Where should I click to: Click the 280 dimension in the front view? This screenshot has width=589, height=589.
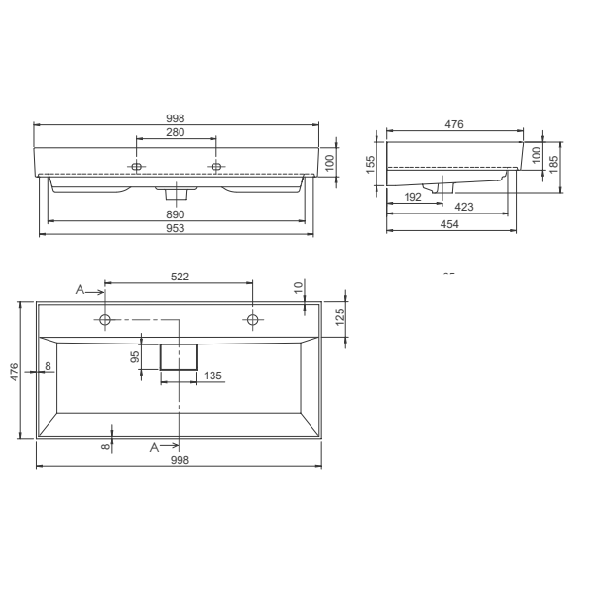[x=175, y=132]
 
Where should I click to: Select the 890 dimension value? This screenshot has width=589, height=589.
[x=175, y=213]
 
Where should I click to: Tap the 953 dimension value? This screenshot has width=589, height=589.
[x=175, y=228]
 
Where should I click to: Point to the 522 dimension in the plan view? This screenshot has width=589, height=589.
[x=179, y=277]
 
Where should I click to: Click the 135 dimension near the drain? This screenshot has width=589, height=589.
[x=213, y=376]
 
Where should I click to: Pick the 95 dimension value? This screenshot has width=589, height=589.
[x=137, y=356]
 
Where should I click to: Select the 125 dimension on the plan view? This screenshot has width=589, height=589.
[x=340, y=317]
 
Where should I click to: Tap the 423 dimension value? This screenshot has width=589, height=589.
[x=464, y=207]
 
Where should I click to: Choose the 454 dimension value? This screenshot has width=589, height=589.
[x=449, y=224]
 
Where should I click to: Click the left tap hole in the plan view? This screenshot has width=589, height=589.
[x=105, y=319]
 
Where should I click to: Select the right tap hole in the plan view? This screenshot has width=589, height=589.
[x=252, y=319]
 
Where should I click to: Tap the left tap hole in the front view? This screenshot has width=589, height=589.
[x=137, y=167]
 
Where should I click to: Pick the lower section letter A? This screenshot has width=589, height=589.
[x=155, y=446]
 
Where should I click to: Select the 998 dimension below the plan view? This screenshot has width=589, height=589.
[x=179, y=461]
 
